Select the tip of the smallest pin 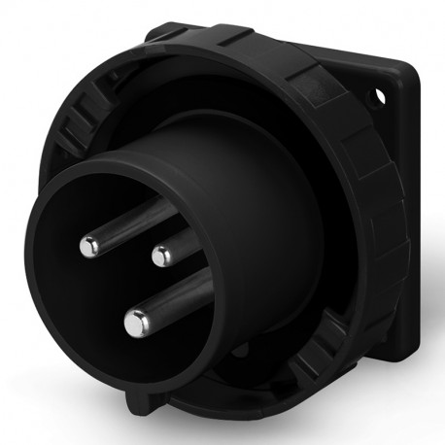[159, 257]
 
